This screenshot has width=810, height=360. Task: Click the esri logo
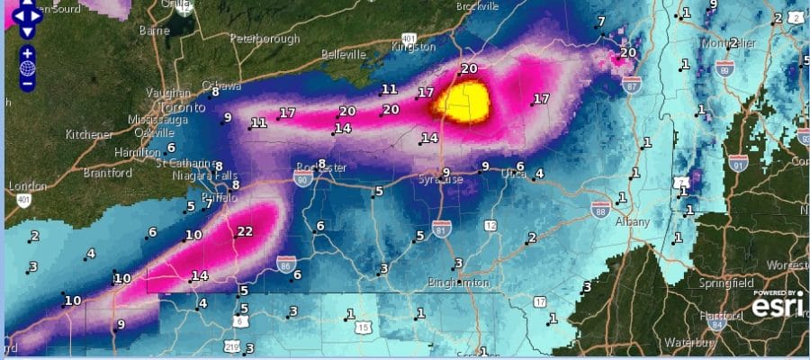coord(777,307)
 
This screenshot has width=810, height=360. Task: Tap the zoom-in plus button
coord(28,53)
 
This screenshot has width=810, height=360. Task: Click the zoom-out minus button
coord(28,83)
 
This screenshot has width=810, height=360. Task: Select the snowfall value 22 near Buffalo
coord(244,231)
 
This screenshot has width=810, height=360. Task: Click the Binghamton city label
coord(458,282)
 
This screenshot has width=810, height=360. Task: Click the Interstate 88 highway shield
coord(600,208)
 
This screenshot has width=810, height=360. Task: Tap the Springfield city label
coord(725,283)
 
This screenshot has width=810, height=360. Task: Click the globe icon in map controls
coord(28,67)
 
